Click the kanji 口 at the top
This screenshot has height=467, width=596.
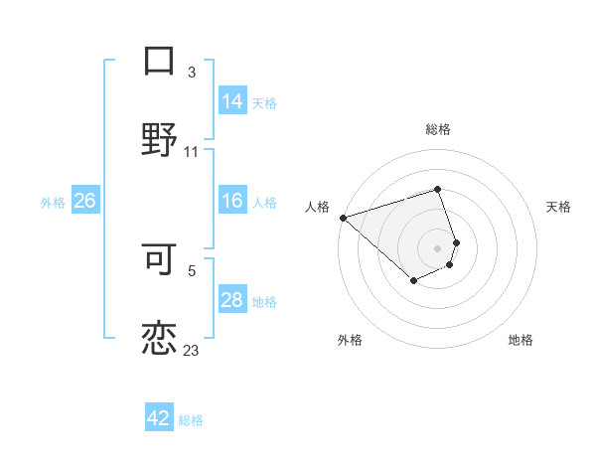click(x=160, y=61)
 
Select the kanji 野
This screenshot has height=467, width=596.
click(x=160, y=139)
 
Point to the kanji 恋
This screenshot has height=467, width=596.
click(x=160, y=336)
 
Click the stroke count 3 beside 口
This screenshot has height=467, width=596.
click(x=192, y=73)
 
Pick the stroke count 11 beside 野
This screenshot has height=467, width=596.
click(x=192, y=151)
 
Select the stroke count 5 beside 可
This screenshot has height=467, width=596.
click(x=192, y=269)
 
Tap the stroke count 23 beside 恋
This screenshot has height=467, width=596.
click(x=192, y=349)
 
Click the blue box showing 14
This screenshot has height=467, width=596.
click(x=232, y=101)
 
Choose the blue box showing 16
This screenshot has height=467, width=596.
click(x=232, y=201)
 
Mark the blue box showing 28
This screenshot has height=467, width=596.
click(x=232, y=300)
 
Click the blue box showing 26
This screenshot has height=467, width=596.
click(x=85, y=201)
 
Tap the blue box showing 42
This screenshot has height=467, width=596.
click(x=159, y=418)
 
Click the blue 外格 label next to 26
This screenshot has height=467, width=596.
click(x=53, y=202)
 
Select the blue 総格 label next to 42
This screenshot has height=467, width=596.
click(x=191, y=420)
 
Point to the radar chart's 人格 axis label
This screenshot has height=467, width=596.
click(x=317, y=207)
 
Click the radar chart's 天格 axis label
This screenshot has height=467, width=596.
click(x=559, y=207)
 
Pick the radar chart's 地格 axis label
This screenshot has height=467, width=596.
click(x=521, y=340)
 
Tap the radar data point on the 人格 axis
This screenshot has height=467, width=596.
click(x=343, y=218)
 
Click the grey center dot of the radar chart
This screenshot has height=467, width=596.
click(x=437, y=247)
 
